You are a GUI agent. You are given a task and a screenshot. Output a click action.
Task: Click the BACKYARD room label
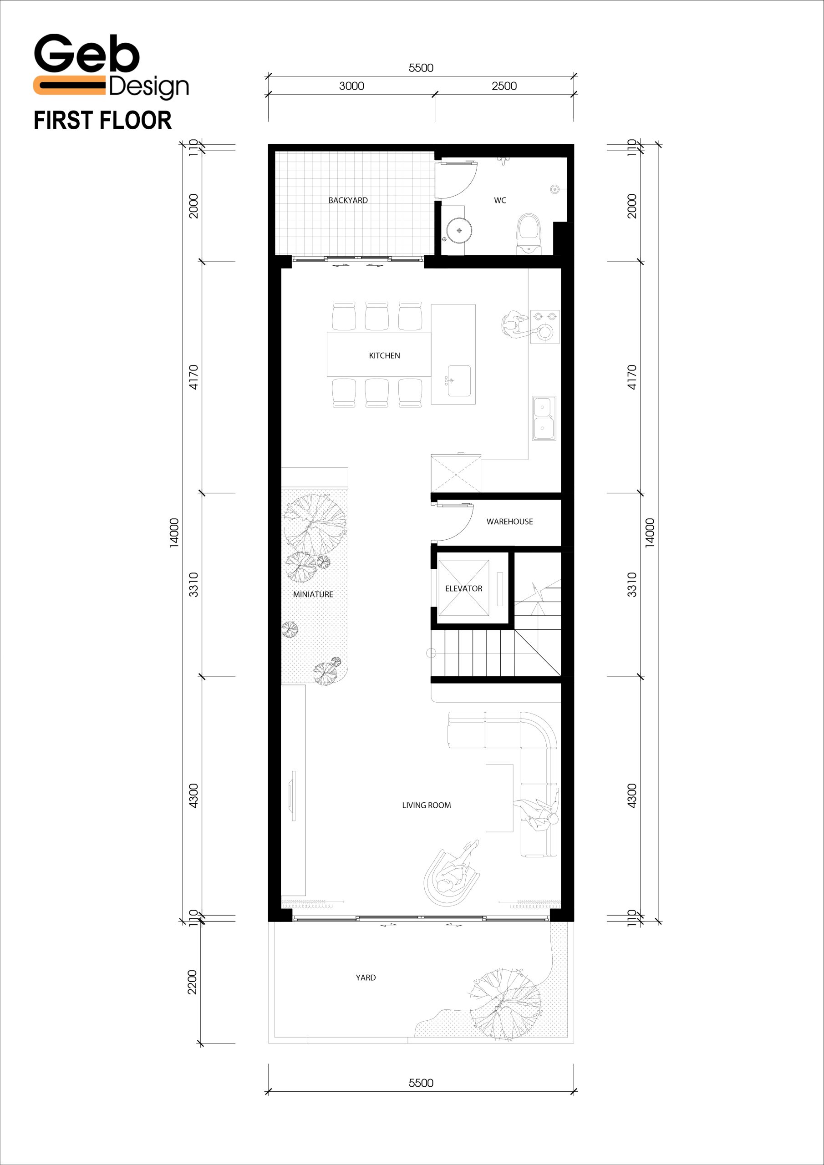tap(348, 200)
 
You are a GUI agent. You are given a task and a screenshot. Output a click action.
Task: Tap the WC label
tap(500, 200)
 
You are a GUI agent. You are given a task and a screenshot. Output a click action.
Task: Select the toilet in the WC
tap(529, 234)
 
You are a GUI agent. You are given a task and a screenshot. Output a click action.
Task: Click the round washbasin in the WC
tap(459, 230)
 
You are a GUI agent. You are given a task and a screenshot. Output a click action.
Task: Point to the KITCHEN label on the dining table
tap(384, 356)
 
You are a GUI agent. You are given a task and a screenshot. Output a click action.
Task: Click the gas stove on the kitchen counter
tap(545, 327)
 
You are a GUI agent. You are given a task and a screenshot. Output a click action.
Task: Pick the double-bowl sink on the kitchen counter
tap(544, 418)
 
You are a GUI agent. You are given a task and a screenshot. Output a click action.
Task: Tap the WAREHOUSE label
tap(510, 522)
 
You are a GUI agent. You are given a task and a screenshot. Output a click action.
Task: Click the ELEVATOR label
tap(463, 588)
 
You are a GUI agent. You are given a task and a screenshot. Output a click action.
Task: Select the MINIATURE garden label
tap(313, 594)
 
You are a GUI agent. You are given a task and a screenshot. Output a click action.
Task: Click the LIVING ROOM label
tap(427, 805)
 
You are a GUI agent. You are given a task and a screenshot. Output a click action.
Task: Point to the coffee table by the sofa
tap(499, 798)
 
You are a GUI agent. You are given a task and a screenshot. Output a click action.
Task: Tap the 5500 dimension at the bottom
tap(421, 1083)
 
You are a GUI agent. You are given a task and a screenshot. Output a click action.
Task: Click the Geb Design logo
tap(111, 66)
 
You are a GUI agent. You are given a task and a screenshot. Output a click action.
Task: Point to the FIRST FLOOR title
tap(102, 121)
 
